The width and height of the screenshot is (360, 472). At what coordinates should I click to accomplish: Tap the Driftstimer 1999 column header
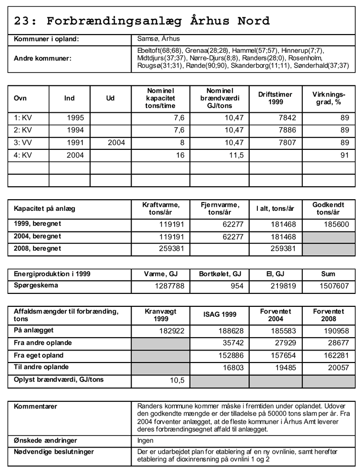coord(275,98)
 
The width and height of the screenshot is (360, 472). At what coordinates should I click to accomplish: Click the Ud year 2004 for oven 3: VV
coord(117,142)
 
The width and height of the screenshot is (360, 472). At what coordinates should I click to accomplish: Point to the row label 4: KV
coord(22,155)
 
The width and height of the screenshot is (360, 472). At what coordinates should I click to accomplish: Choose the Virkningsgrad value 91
coord(344,155)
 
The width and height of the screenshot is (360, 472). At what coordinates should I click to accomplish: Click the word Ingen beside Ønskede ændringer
coord(145,440)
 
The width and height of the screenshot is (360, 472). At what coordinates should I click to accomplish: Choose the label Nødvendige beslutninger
coord(54,452)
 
